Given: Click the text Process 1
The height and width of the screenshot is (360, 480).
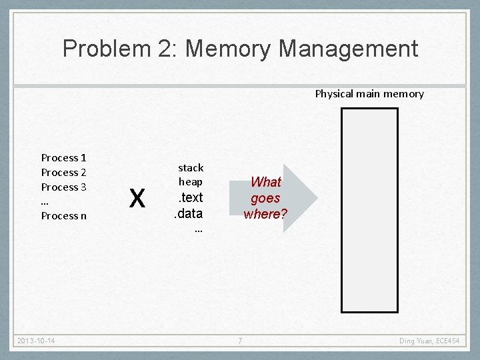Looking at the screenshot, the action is [x=64, y=158].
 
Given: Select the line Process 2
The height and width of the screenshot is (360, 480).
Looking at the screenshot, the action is [x=64, y=173].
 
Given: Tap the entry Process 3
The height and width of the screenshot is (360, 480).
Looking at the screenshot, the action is [x=64, y=187].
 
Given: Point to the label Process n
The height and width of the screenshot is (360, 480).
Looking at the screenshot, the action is [x=64, y=216].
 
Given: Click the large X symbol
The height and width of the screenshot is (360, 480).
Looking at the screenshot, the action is [x=137, y=198].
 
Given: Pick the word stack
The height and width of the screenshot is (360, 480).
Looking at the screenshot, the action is [x=191, y=167].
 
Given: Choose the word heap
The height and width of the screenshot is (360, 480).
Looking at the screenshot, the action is [x=191, y=181].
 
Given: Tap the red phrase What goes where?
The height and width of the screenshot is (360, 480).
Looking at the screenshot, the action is [x=265, y=198].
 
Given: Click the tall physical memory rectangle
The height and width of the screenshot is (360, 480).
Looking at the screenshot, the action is [x=369, y=210].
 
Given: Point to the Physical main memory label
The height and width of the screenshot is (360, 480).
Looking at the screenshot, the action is [x=369, y=94].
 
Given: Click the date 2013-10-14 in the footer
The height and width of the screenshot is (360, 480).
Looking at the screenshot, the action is [x=37, y=341].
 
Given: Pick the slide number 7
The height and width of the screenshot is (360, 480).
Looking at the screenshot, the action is [x=240, y=341].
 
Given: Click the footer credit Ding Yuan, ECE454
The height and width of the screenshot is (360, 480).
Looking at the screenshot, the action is [x=429, y=341].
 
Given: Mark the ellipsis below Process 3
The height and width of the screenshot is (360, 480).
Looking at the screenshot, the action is [x=45, y=202].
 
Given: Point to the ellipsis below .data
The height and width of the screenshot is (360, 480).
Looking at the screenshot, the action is [x=198, y=229].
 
